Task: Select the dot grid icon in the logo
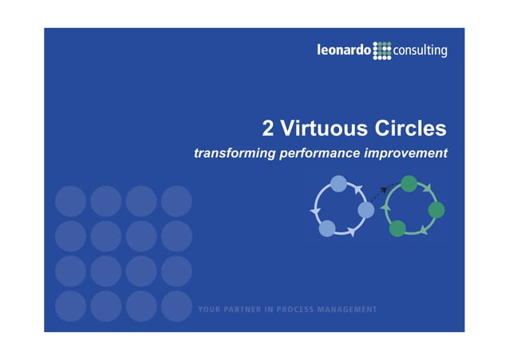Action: [x=383, y=51]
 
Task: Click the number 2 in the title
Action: [x=269, y=129]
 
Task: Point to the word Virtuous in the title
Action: [x=324, y=129]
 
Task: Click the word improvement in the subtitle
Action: [x=407, y=152]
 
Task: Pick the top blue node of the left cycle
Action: [x=338, y=184]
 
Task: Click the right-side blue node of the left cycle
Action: [x=366, y=210]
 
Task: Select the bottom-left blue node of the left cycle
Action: [x=327, y=228]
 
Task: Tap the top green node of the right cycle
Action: [x=409, y=184]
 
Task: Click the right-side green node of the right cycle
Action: [x=436, y=210]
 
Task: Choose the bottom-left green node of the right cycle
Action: [x=397, y=228]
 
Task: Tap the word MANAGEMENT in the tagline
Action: [x=347, y=310]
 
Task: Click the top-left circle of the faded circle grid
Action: [x=70, y=200]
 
